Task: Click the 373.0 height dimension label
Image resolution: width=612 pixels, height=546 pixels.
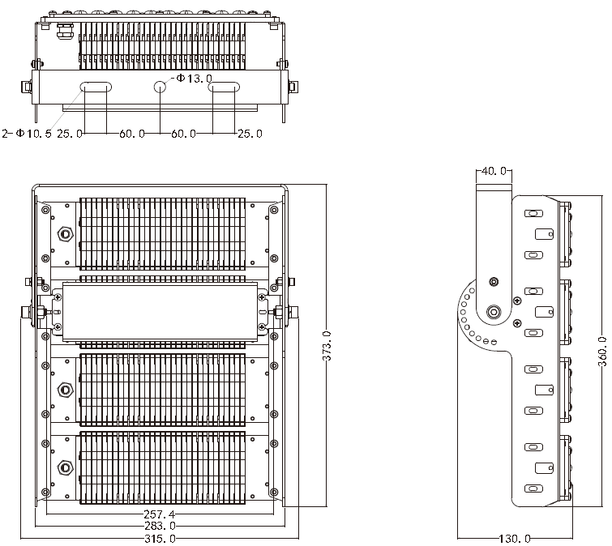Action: [x=327, y=346]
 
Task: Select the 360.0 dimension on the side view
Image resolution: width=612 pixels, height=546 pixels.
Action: [x=602, y=352]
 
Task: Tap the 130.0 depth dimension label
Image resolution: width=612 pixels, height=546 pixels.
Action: [x=515, y=539]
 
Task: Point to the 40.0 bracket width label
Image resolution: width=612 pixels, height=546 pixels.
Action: [x=494, y=171]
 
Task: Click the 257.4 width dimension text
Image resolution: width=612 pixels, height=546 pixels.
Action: [x=160, y=514]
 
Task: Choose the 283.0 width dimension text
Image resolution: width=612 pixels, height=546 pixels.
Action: [x=160, y=526]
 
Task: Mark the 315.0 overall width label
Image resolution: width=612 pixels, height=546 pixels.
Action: [x=160, y=539]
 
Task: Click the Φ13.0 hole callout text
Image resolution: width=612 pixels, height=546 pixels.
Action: [x=194, y=79]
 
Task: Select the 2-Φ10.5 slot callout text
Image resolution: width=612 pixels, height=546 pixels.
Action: [x=27, y=134]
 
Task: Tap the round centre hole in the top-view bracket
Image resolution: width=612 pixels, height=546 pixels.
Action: [x=160, y=87]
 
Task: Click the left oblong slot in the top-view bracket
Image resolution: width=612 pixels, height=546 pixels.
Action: [x=96, y=87]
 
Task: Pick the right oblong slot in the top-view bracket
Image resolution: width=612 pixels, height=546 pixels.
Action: [x=224, y=87]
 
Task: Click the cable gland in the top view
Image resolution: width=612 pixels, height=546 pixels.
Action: [x=64, y=32]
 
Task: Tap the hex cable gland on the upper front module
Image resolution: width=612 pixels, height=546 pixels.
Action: [x=65, y=234]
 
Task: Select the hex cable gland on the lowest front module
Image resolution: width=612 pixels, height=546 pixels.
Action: [x=65, y=467]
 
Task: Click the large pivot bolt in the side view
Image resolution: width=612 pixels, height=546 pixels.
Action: [x=494, y=312]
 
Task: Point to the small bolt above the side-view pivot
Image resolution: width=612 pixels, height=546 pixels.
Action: [x=494, y=282]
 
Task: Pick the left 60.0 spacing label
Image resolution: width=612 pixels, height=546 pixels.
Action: [x=132, y=134]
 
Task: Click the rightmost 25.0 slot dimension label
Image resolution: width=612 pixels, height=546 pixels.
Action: [x=250, y=134]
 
